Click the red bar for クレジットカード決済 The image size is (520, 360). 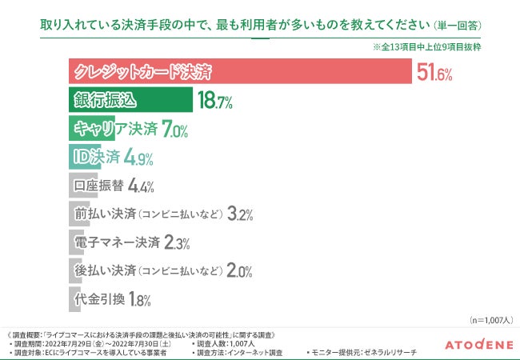point(240,73)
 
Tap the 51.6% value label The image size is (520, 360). point(435,74)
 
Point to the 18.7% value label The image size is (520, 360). point(214,101)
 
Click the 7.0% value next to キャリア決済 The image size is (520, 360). point(174,129)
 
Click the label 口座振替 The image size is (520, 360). point(98,186)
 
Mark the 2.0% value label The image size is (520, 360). point(240,270)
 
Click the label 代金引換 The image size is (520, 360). point(98,299)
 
